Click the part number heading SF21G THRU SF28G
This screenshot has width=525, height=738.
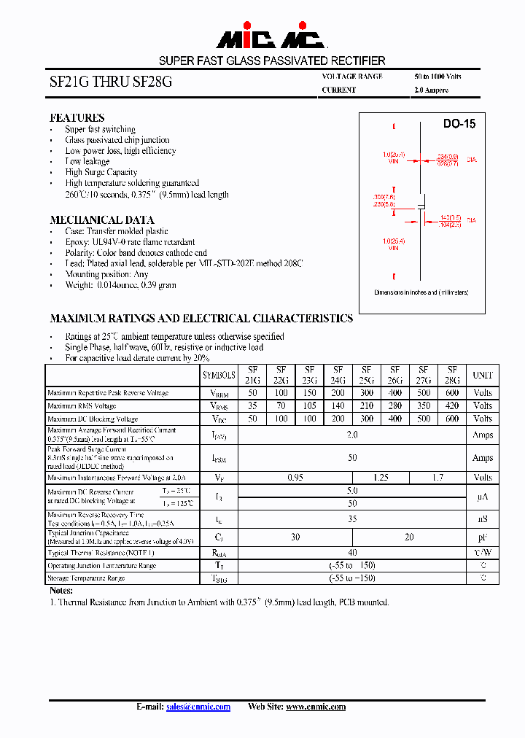click(111, 83)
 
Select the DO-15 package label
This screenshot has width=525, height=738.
click(459, 124)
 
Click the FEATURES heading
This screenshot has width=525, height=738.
click(77, 118)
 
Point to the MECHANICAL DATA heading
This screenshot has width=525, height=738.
click(102, 220)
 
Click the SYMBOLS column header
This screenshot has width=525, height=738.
click(219, 375)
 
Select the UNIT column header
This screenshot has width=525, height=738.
click(482, 375)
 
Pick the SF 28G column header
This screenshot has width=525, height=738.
click(452, 375)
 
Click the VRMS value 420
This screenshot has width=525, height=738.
click(452, 406)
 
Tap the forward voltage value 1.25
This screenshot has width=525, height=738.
click(381, 478)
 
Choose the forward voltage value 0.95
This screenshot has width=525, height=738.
click(295, 478)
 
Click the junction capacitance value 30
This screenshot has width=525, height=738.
click(295, 537)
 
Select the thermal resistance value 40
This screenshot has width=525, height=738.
click(352, 553)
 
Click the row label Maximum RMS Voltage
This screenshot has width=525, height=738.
click(82, 406)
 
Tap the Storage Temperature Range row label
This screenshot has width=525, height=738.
click(86, 578)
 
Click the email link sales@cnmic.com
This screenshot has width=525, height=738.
click(198, 707)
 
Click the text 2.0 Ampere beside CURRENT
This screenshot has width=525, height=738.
click(431, 90)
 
